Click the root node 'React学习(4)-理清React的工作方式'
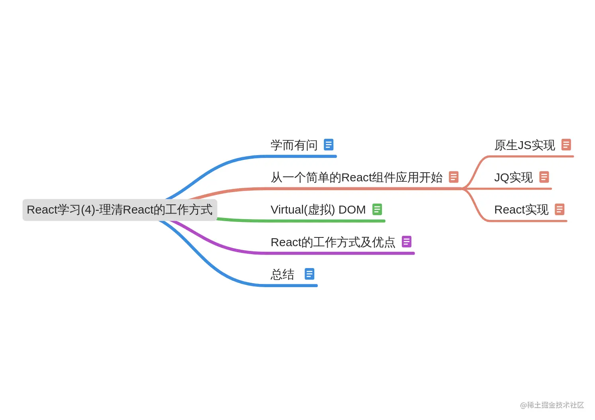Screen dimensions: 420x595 coord(119,210)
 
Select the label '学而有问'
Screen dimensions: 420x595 coord(294,145)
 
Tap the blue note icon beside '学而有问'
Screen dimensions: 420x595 coord(329,144)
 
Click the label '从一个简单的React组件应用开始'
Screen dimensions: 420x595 coord(356,177)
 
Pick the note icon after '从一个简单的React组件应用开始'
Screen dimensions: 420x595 coord(454,177)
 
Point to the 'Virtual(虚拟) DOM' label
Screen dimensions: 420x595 coord(318,210)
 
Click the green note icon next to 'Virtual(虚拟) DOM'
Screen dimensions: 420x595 coord(377,209)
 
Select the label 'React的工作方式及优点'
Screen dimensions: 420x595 coord(333,242)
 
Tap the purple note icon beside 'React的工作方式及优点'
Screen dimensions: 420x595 coord(407,241)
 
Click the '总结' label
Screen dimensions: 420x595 coord(282,274)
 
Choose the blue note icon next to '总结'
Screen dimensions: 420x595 coord(309,274)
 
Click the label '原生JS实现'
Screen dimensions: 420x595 coord(525,145)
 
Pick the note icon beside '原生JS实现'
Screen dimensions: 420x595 coord(566,145)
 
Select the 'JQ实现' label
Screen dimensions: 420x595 coord(513,177)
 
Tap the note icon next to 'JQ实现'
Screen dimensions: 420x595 coord(544,177)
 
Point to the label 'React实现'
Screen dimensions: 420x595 coord(521,210)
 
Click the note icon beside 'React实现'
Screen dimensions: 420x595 coord(560,209)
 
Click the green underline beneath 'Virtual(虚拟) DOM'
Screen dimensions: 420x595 coord(319,221)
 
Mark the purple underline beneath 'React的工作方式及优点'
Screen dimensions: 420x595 coord(339,253)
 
